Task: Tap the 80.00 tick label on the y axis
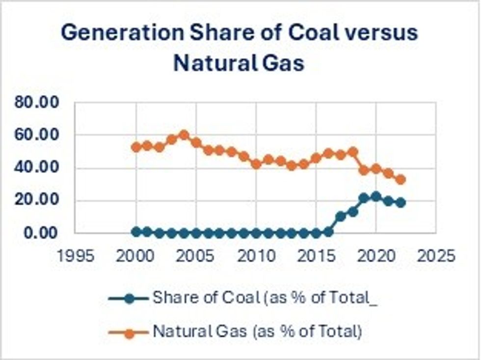pos(37,103)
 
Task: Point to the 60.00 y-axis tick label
pos(37,135)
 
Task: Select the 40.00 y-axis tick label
pos(37,168)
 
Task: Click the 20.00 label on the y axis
pos(37,200)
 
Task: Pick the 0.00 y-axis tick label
pos(40,233)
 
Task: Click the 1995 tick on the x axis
pos(75,256)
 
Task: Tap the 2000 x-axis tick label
pos(135,256)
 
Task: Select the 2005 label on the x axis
pos(195,256)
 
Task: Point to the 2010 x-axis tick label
pos(256,256)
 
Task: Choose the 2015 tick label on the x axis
pos(316,256)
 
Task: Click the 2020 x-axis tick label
pos(376,256)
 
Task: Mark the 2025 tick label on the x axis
pos(436,256)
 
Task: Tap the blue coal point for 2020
pos(376,196)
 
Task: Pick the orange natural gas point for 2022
pos(401,179)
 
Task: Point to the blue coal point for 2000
pos(136,231)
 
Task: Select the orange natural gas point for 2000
pos(136,147)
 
